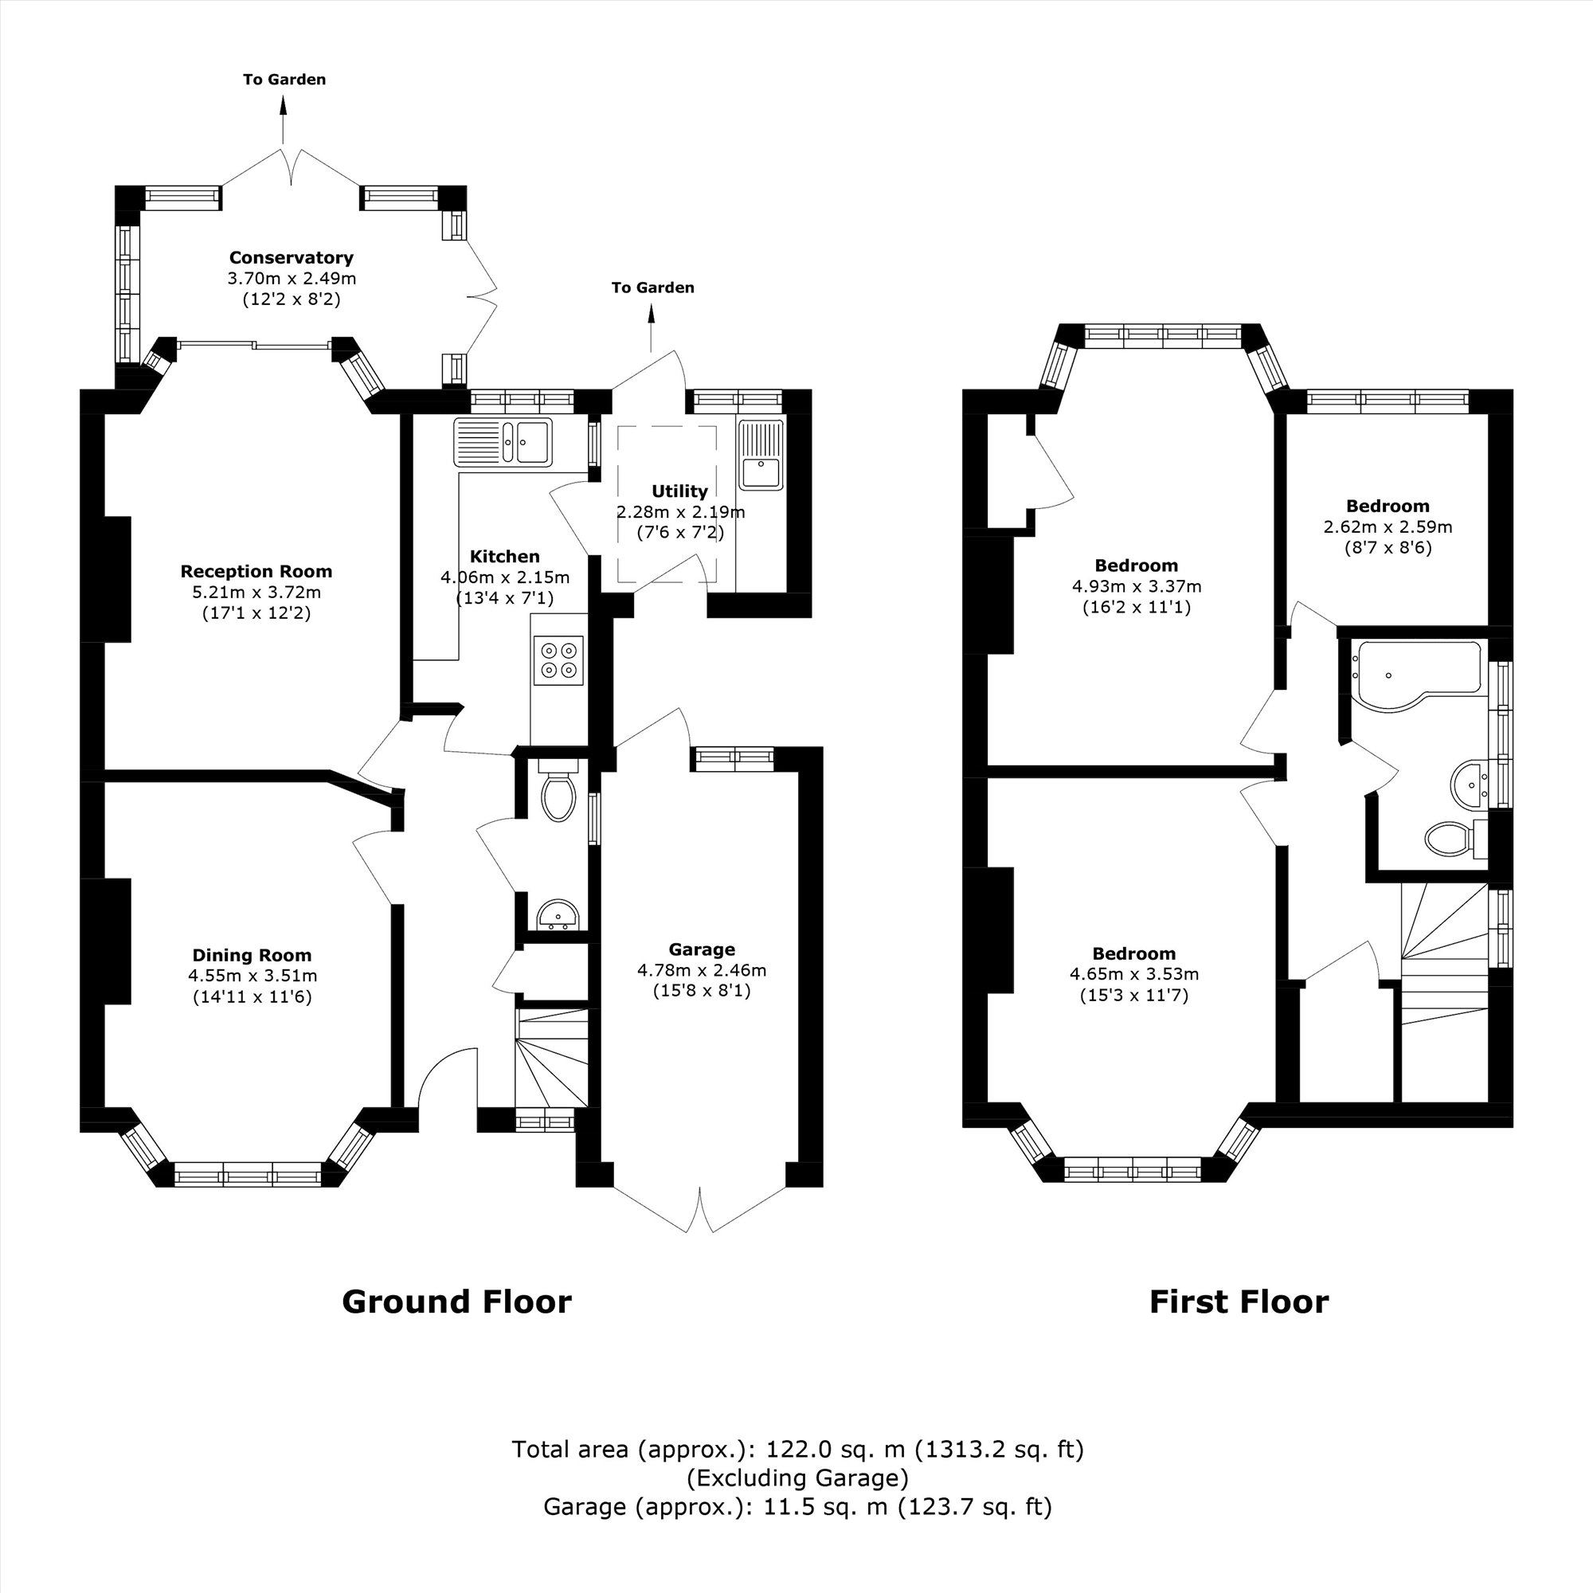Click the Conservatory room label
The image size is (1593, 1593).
tap(290, 258)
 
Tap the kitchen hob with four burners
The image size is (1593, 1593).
tap(558, 660)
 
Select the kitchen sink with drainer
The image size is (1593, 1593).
tap(503, 443)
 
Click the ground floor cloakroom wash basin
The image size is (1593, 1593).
tap(558, 914)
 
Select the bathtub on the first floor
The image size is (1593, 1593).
tap(1415, 672)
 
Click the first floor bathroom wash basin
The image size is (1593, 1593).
tap(1468, 782)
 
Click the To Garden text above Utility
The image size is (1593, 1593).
tap(652, 288)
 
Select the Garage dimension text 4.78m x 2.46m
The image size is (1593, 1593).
tap(702, 969)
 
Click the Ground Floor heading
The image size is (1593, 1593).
tap(456, 1302)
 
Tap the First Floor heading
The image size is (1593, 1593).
tap(1239, 1302)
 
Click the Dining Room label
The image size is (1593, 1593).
tap(252, 955)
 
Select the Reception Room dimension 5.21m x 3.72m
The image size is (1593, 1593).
tap(256, 592)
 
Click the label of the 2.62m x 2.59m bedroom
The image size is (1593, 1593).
tap(1388, 507)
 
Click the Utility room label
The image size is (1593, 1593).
tap(679, 491)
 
